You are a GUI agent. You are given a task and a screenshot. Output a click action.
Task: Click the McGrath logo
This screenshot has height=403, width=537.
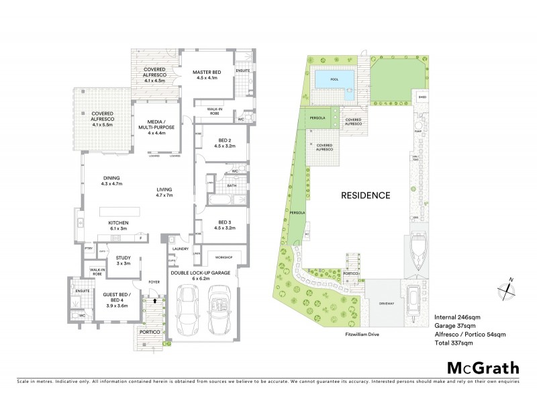pos(483,367)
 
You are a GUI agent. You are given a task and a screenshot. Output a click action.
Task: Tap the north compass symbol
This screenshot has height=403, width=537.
pos(508,287)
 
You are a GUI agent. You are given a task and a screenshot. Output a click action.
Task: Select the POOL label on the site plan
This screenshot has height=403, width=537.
pos(334,79)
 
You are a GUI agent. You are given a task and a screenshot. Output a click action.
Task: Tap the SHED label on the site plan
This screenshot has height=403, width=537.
pos(422,97)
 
